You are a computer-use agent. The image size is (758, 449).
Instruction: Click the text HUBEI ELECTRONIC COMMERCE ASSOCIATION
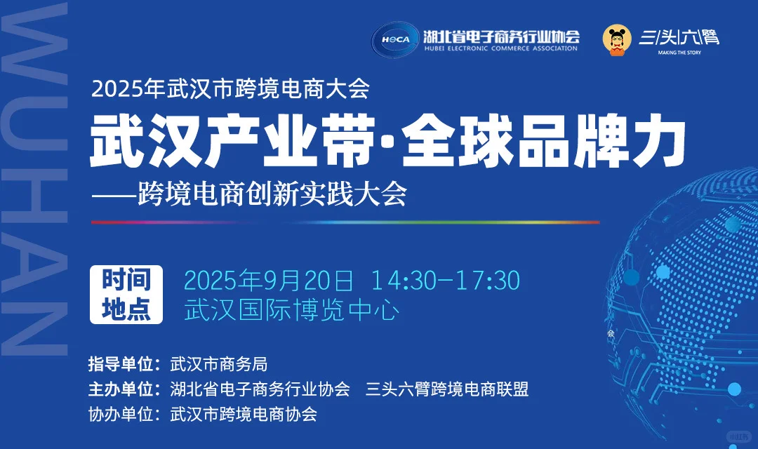(x=501, y=48)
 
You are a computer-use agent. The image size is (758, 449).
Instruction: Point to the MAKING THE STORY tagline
(x=679, y=53)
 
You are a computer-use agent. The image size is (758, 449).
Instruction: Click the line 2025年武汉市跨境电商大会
(x=230, y=89)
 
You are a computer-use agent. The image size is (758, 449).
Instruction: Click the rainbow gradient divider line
(x=345, y=222)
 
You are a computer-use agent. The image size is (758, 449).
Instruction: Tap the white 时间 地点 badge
(x=126, y=295)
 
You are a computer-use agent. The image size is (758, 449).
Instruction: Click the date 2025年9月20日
(x=268, y=280)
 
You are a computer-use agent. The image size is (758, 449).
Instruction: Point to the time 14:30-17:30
(x=446, y=280)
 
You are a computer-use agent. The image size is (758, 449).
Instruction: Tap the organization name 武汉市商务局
(x=219, y=365)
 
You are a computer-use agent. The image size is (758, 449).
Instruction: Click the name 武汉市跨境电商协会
(x=244, y=414)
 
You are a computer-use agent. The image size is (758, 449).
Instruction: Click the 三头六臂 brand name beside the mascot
(x=679, y=36)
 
